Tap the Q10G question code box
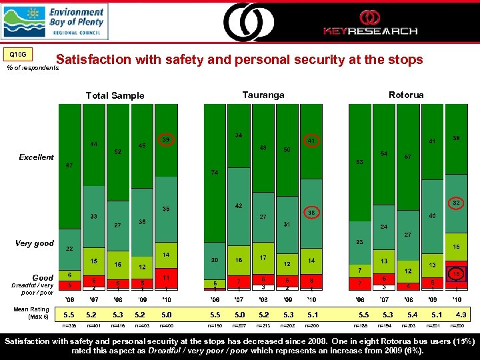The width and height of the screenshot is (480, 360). pos(19,55)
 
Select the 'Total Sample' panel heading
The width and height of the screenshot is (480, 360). pos(115,95)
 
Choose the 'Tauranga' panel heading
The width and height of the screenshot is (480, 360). pos(263,95)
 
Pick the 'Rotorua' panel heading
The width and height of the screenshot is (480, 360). pos(406,95)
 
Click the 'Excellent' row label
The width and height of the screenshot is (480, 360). pos(36,157)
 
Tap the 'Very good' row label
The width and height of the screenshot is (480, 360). pos(35,243)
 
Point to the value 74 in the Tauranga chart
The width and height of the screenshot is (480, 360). pos(214,173)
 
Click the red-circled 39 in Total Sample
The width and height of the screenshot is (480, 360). pos(167,140)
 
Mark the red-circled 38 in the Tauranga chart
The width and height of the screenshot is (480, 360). pos(311,213)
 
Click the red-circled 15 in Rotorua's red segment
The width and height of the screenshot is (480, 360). pos(457,274)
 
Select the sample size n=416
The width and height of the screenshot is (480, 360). pos(117,327)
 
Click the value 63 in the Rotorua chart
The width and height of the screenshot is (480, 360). pos(359,162)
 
